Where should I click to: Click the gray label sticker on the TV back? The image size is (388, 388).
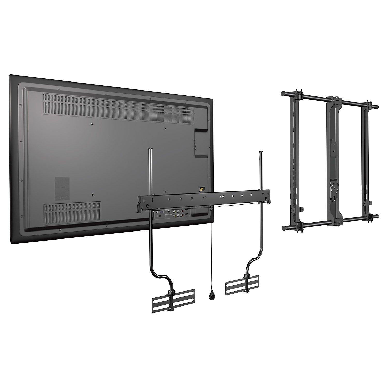click(62, 189)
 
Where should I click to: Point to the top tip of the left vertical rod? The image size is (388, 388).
click(150, 148)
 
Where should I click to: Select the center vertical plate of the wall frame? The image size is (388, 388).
click(334, 160)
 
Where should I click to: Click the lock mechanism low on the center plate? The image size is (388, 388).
click(333, 191)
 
